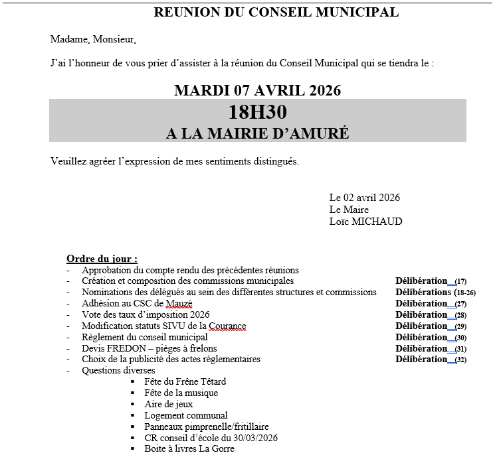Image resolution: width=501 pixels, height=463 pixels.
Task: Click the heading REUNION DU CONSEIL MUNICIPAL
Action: (276, 12)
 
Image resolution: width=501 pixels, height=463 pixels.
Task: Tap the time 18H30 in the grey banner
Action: (257, 113)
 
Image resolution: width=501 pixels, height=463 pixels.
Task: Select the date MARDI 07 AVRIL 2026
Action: (257, 90)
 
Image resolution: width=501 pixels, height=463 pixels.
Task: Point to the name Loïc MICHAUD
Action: (365, 222)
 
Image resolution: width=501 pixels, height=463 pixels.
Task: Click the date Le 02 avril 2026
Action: (364, 198)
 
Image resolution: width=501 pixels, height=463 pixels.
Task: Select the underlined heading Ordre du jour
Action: (102, 259)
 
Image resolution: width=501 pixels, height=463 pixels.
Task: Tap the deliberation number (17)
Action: (460, 281)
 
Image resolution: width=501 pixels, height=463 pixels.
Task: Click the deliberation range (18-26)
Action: (464, 293)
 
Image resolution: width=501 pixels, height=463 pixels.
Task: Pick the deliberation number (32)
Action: (460, 360)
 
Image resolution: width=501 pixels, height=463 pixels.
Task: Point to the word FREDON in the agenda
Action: (128, 348)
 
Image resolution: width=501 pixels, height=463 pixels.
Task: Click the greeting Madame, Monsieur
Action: (93, 39)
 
